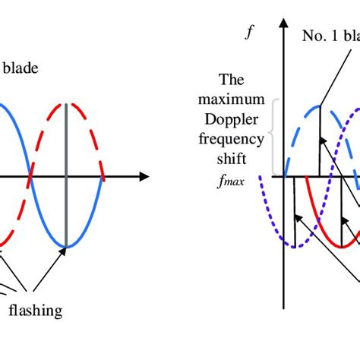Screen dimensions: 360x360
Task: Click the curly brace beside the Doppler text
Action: (x=274, y=137)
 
